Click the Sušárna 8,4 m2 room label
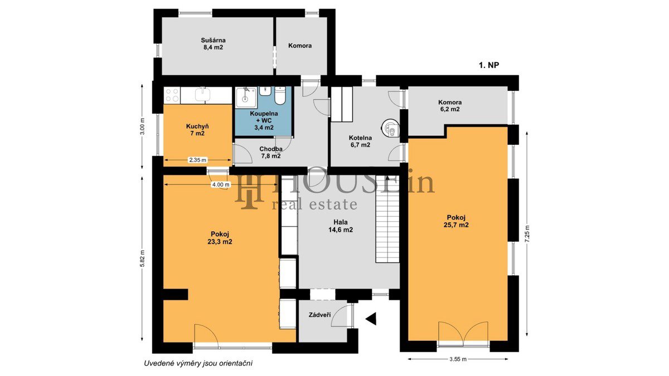pyautogui.click(x=213, y=43)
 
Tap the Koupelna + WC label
pyautogui.click(x=264, y=120)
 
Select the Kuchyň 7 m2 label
pyautogui.click(x=197, y=130)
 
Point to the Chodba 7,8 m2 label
pyautogui.click(x=271, y=152)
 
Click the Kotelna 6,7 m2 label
pyautogui.click(x=360, y=141)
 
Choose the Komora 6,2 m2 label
pyautogui.click(x=450, y=106)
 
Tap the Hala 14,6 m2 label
pyautogui.click(x=341, y=226)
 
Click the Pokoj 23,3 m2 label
pyautogui.click(x=220, y=238)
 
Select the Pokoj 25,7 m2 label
pyautogui.click(x=456, y=221)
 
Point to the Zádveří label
pyautogui.click(x=319, y=315)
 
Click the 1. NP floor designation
pyautogui.click(x=489, y=65)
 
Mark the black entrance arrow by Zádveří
pyautogui.click(x=371, y=319)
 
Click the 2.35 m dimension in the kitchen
pyautogui.click(x=198, y=160)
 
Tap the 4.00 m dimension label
pyautogui.click(x=221, y=185)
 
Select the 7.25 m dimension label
pyautogui.click(x=526, y=234)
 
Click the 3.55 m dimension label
pyautogui.click(x=458, y=359)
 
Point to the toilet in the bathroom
pyautogui.click(x=280, y=95)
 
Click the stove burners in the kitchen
pyautogui.click(x=172, y=95)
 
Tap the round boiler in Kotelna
pyautogui.click(x=390, y=128)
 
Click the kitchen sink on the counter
pyautogui.click(x=203, y=94)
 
